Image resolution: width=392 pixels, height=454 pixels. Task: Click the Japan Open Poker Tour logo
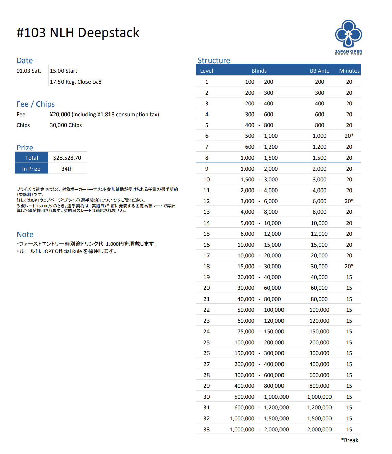pos(348,37)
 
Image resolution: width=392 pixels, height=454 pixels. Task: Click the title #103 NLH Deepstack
pos(78,33)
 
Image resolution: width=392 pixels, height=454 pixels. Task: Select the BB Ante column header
pos(319,71)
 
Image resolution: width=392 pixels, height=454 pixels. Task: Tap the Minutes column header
pos(349,71)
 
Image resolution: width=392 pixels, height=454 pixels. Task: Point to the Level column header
pos(206,71)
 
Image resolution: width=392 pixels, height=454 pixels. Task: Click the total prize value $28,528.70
pos(67,158)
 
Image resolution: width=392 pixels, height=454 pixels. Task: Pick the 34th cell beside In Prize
pos(67,169)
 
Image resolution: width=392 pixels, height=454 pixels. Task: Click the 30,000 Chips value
pos(66,125)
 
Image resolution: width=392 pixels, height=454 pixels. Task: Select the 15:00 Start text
pos(64,71)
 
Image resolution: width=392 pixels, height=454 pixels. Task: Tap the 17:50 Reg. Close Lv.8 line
pos(76,82)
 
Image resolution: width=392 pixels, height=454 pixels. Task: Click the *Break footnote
pos(349,440)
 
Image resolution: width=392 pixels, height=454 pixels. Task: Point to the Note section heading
pos(25,234)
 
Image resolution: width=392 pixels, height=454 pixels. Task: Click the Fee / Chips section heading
pos(35,104)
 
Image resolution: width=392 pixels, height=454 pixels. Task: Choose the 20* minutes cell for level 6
pos(349,136)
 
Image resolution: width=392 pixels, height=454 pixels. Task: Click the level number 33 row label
pos(206,429)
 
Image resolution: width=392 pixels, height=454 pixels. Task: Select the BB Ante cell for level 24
pos(319,331)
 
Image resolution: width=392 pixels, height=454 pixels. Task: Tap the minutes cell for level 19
pos(349,277)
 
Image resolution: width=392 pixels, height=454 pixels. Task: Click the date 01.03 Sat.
pos(29,71)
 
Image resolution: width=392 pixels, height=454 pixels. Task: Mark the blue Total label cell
pos(31,158)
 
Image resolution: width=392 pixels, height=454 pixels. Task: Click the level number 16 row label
pos(206,245)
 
